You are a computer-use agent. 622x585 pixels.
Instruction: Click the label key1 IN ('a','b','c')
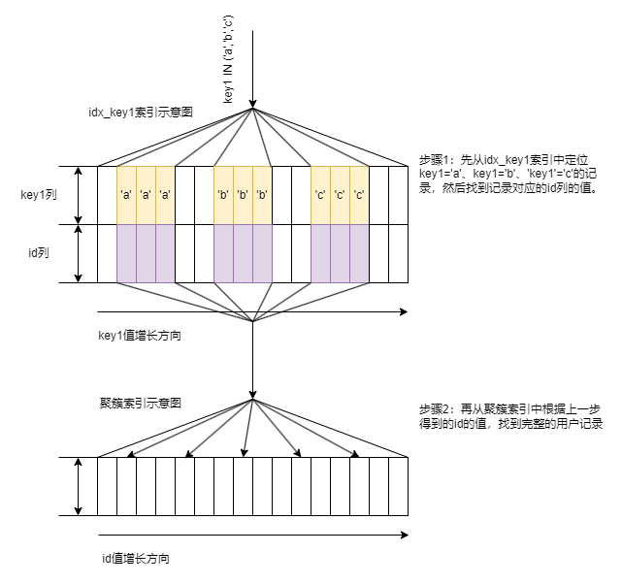(228, 59)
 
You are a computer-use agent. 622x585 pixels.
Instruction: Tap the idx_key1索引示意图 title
(141, 113)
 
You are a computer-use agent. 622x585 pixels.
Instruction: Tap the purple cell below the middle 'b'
(243, 253)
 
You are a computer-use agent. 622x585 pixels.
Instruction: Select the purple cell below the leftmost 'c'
(320, 253)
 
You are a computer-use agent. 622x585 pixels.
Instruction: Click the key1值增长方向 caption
(141, 336)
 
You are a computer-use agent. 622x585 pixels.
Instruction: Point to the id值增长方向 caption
(141, 559)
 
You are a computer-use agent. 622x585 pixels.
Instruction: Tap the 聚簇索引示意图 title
(141, 403)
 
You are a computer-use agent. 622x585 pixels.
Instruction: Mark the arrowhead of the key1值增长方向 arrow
(403, 312)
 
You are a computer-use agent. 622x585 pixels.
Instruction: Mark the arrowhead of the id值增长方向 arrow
(403, 535)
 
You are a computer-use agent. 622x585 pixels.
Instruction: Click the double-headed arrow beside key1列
(79, 195)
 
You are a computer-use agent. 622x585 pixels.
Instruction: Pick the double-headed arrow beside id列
(79, 253)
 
